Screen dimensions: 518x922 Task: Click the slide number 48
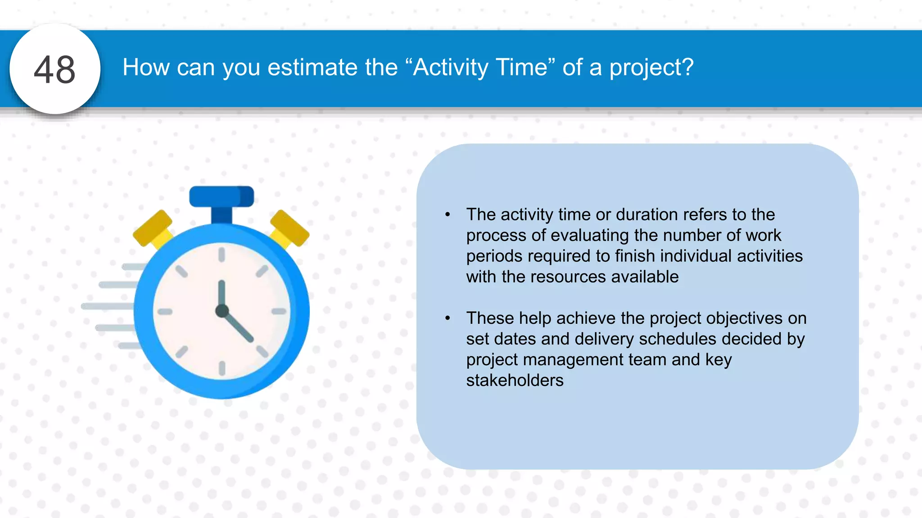[x=54, y=70]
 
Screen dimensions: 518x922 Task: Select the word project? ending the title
[x=651, y=67]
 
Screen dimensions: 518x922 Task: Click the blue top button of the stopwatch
[x=221, y=196]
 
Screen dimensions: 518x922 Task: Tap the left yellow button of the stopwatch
[x=153, y=228]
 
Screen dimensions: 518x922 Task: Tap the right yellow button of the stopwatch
[x=289, y=228]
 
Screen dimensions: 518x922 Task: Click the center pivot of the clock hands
[x=222, y=311]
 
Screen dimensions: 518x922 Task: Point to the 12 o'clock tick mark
[x=221, y=255]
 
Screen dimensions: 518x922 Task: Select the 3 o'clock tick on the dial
[x=279, y=311]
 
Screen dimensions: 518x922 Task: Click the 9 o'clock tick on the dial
[x=165, y=311]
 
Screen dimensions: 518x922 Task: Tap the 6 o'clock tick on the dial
[x=222, y=368]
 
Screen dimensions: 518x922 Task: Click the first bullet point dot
[x=447, y=214]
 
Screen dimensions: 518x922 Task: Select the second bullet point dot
[x=447, y=318]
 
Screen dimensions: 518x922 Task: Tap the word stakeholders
[x=515, y=380]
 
